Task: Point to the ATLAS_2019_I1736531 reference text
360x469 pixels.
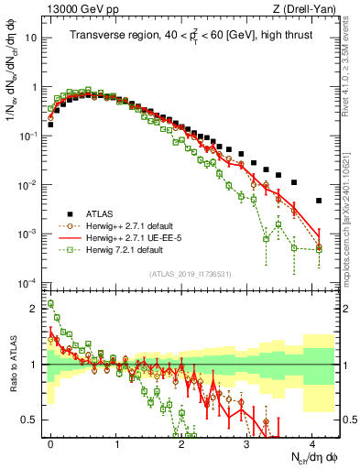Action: (x=191, y=273)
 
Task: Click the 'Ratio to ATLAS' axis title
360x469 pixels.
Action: (x=12, y=366)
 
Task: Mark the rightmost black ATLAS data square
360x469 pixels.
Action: (x=319, y=201)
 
